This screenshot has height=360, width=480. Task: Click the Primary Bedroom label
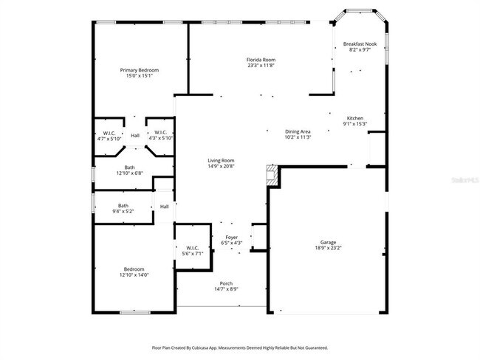(x=140, y=70)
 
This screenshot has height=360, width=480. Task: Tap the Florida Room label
(x=261, y=59)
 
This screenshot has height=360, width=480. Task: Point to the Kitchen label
(x=355, y=118)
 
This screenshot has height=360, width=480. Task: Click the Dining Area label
(x=298, y=131)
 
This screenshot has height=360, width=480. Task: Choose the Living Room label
(x=221, y=160)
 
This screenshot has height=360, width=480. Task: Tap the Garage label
(x=328, y=242)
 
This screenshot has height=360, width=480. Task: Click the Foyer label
(x=232, y=237)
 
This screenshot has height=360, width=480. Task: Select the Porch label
(x=226, y=283)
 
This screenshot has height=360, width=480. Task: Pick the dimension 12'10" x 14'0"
(x=134, y=274)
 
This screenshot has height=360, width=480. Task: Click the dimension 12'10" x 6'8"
(x=129, y=173)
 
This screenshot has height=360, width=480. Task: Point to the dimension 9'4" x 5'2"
(x=123, y=211)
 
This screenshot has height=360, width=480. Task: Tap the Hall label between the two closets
(x=135, y=136)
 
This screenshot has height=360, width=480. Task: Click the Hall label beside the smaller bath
(x=164, y=207)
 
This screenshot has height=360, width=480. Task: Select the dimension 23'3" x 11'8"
(x=261, y=65)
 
